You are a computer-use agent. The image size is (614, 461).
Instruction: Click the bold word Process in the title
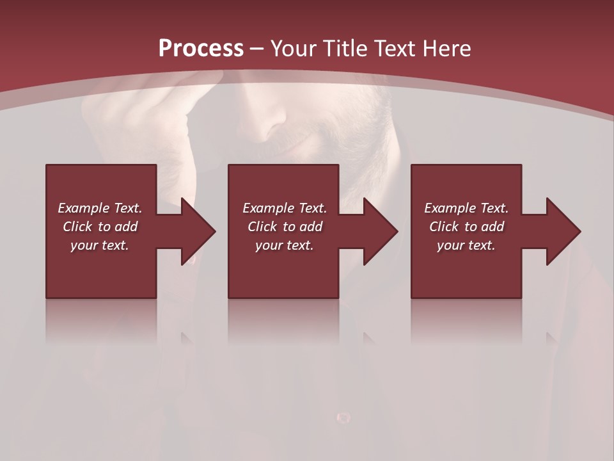(x=201, y=49)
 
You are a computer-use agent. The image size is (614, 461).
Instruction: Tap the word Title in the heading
(x=345, y=49)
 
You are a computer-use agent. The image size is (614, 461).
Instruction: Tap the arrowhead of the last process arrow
(x=563, y=231)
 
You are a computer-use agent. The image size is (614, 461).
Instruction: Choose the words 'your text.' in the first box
(x=100, y=245)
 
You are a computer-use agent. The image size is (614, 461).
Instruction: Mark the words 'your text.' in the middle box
(x=285, y=245)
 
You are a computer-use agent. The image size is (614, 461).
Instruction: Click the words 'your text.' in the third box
(x=466, y=245)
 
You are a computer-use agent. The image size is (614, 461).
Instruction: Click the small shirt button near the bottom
(x=343, y=418)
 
